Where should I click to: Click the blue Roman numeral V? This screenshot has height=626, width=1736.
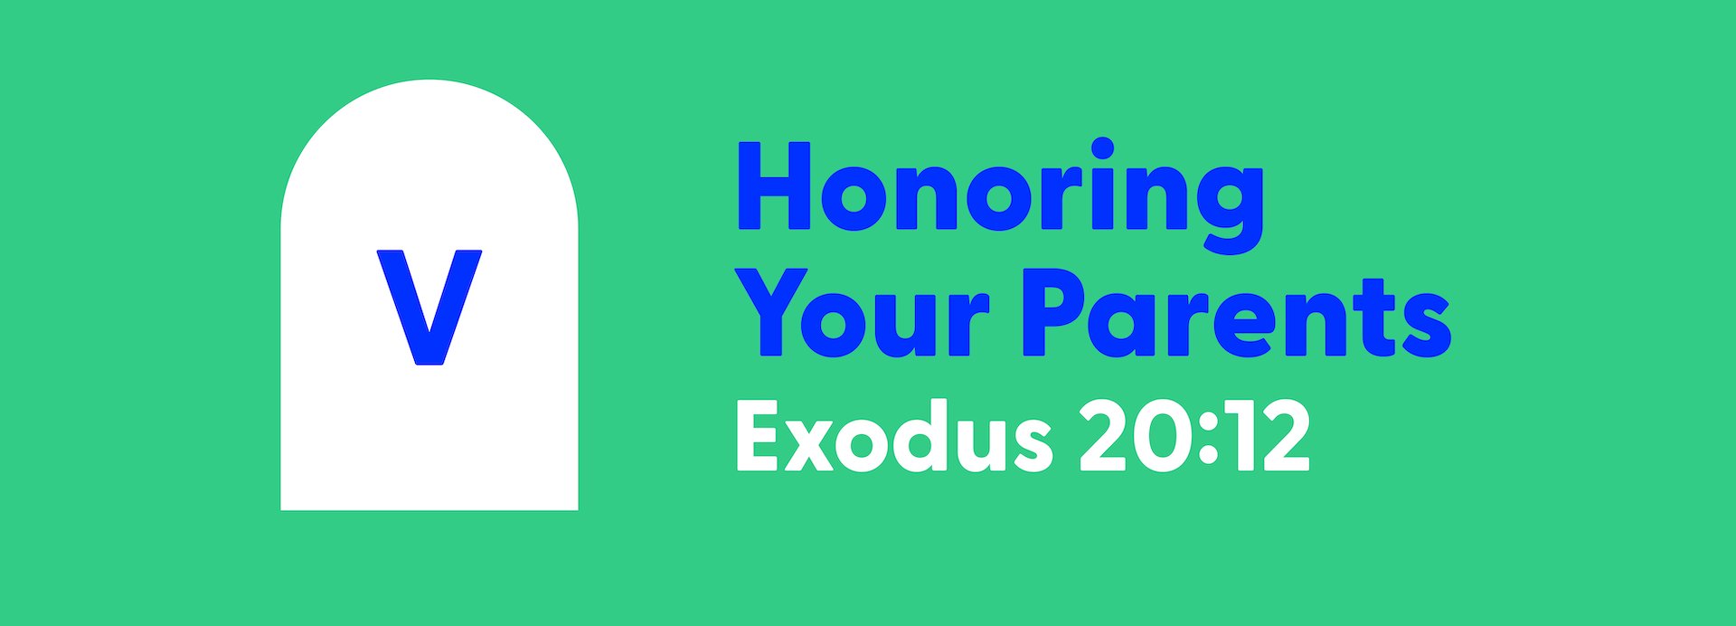point(429,308)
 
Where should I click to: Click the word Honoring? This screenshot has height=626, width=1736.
point(1000,195)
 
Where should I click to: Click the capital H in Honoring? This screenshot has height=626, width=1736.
point(773,186)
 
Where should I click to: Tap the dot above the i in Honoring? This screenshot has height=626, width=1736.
point(1102,149)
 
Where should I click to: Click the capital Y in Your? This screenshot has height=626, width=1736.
point(778,313)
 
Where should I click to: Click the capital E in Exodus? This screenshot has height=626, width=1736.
point(759,438)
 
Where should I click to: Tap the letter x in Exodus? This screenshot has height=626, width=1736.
point(809,446)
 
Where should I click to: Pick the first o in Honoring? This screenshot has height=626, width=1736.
point(853,197)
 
